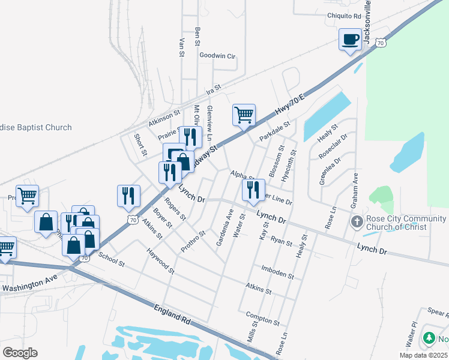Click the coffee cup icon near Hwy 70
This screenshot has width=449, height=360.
tap(351, 40)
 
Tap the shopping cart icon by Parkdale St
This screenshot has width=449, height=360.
tap(244, 114)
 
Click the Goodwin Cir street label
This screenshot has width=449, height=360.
tap(217, 56)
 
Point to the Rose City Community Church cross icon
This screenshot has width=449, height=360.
tap(357, 221)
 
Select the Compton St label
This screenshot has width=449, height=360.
tap(262, 319)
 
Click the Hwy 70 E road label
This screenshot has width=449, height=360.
tap(291, 103)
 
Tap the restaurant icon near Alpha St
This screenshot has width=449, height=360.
tap(252, 190)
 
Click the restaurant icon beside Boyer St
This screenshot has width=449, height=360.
tap(128, 195)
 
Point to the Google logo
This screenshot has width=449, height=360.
tap(20, 353)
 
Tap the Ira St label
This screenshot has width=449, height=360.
tap(214, 91)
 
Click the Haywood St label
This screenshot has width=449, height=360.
tap(160, 259)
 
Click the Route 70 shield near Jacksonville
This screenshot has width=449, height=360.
tap(381, 42)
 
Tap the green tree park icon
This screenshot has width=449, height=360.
tap(429, 338)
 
